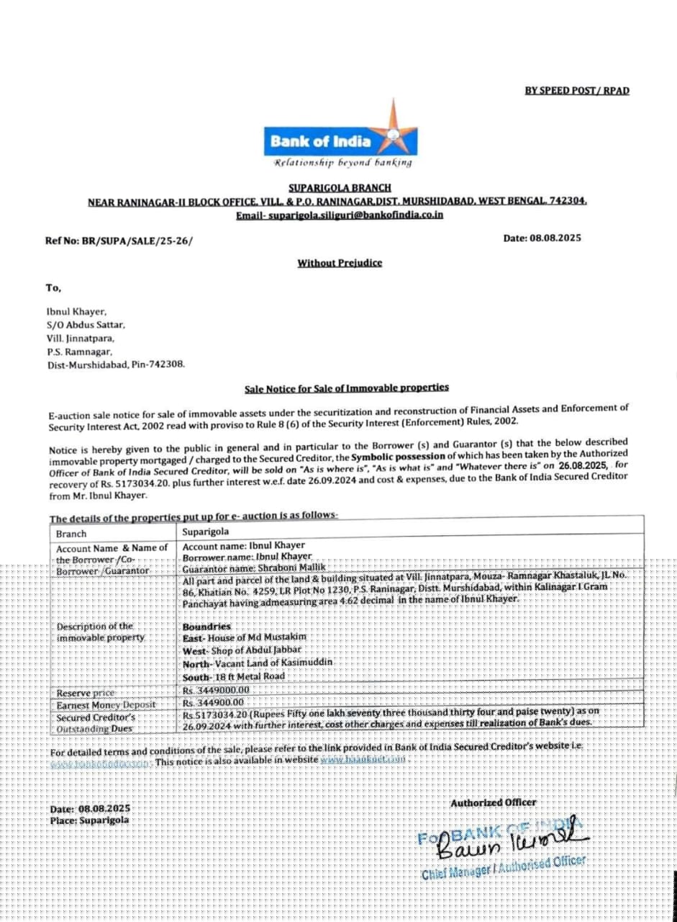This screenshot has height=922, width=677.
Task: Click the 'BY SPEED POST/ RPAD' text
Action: (x=577, y=91)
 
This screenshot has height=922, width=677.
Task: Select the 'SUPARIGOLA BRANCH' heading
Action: (x=340, y=187)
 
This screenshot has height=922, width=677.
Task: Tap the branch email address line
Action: (x=340, y=215)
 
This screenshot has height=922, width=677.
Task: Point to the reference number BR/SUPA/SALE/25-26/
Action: (x=119, y=241)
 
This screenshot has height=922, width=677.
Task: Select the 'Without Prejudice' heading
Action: (x=340, y=263)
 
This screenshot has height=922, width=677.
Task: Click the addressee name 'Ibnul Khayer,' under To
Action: (x=76, y=312)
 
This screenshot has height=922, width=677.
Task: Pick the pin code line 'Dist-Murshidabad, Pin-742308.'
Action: (x=115, y=364)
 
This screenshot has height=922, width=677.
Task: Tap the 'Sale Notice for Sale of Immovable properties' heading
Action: (x=347, y=388)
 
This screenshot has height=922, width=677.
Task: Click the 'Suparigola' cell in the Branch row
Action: (x=206, y=532)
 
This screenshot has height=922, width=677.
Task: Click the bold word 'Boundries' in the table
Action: (x=206, y=627)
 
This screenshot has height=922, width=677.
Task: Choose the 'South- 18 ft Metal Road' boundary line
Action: (x=234, y=676)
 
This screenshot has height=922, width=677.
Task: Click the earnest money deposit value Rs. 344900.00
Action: (x=214, y=702)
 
